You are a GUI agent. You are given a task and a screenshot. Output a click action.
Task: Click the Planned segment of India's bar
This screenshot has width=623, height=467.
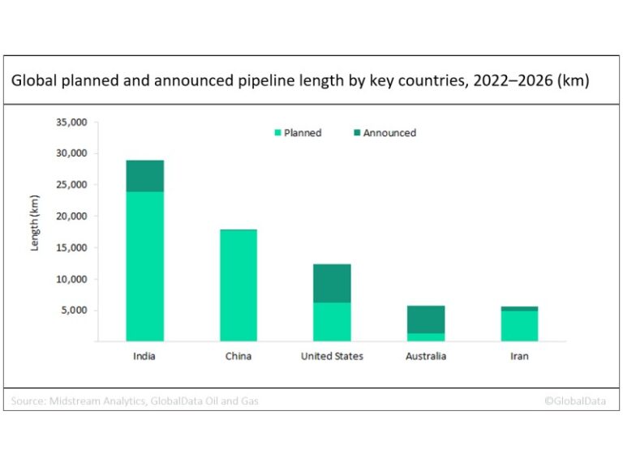(x=144, y=266)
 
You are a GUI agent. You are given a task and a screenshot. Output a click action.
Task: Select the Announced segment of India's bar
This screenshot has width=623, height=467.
(x=144, y=176)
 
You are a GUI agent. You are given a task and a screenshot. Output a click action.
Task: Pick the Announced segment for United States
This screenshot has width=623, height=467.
(x=332, y=283)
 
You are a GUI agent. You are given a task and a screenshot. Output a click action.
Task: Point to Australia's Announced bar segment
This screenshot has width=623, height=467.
(x=425, y=319)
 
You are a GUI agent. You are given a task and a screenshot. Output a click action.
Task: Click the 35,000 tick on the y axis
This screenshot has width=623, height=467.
(x=71, y=122)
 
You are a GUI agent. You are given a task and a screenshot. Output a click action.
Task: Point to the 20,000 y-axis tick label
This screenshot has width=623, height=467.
(x=71, y=216)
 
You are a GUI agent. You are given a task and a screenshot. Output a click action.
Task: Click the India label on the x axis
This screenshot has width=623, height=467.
(x=144, y=356)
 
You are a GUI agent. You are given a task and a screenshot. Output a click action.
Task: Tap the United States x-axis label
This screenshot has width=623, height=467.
(x=332, y=356)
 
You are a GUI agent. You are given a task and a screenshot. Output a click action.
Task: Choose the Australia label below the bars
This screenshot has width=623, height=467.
(x=425, y=356)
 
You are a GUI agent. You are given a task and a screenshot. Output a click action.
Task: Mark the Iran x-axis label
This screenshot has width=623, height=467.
(x=519, y=356)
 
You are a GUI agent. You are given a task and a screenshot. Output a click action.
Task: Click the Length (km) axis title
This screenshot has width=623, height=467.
(x=35, y=223)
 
